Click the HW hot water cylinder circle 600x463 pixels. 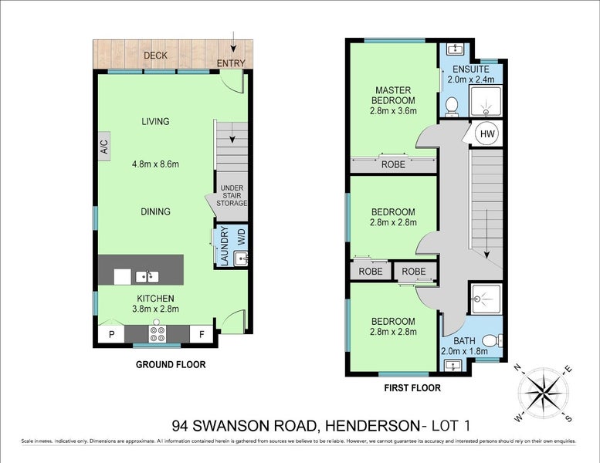486,133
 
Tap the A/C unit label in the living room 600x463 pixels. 103,145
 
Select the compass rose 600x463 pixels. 546,393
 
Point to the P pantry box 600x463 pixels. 110,333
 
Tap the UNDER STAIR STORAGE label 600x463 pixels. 233,196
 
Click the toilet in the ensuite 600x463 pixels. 453,106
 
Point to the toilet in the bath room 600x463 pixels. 491,340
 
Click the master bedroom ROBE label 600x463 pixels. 392,164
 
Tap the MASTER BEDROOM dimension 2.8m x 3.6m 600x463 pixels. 393,111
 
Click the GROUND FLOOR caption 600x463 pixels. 170,365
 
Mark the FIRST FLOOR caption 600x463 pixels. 412,388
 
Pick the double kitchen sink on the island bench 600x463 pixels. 147,275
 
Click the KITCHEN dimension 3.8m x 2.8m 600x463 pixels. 155,309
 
